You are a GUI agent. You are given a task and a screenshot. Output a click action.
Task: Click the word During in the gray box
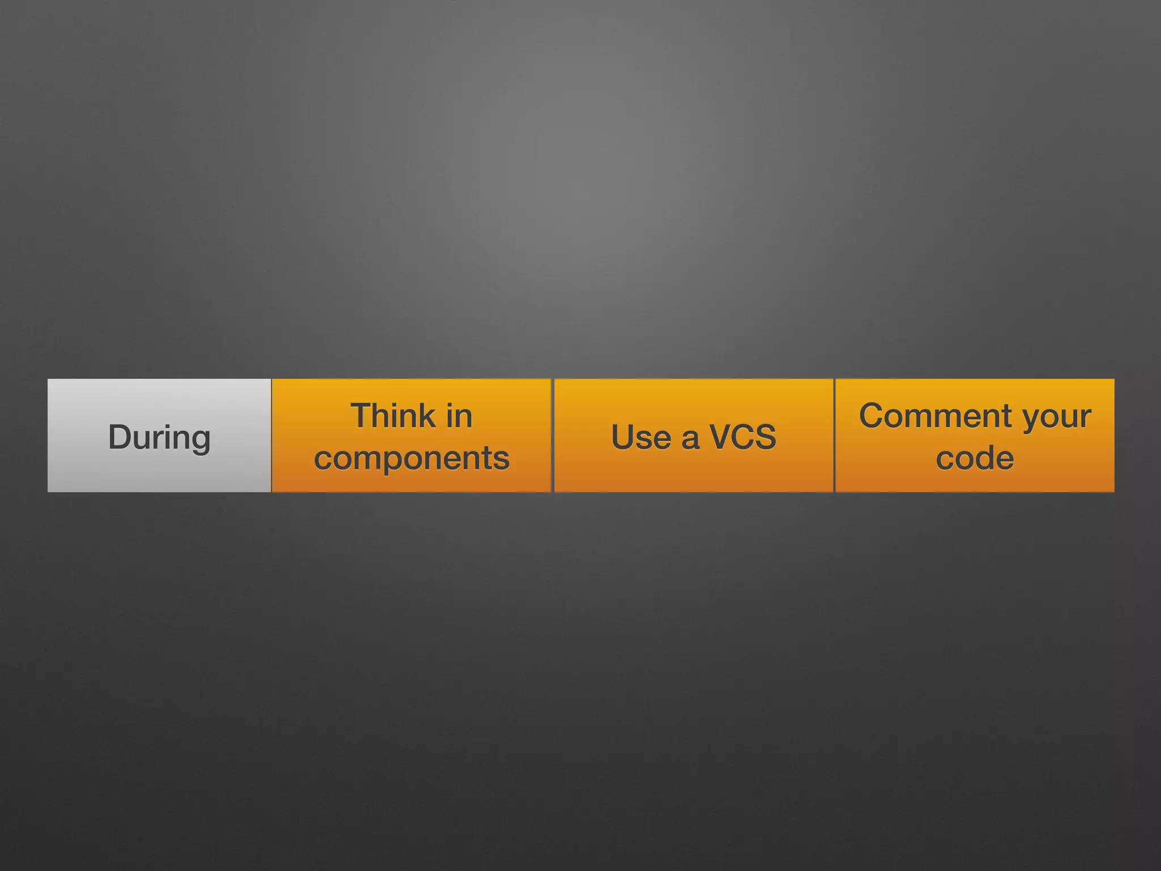pyautogui.click(x=159, y=437)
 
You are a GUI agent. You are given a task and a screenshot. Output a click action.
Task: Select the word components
pyautogui.click(x=412, y=458)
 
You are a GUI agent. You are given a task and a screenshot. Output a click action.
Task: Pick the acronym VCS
pyautogui.click(x=743, y=437)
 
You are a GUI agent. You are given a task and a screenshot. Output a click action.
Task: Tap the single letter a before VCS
pyautogui.click(x=690, y=439)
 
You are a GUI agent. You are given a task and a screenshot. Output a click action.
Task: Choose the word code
pyautogui.click(x=974, y=458)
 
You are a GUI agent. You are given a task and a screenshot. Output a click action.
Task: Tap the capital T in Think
pyautogui.click(x=361, y=416)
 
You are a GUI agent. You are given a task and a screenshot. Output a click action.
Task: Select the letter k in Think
pyautogui.click(x=426, y=416)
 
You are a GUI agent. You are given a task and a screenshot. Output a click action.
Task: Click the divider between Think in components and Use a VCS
pyautogui.click(x=552, y=435)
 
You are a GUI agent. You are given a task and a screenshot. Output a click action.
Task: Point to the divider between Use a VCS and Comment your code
pyautogui.click(x=834, y=435)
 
